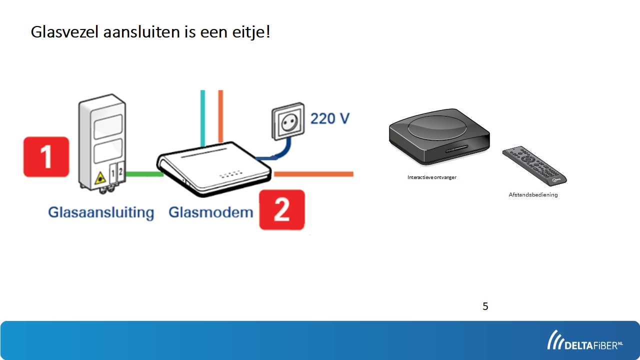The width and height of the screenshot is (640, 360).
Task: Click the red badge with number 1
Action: click(46, 157)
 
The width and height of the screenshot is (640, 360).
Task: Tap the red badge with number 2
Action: click(282, 209)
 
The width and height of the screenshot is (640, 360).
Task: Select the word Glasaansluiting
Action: click(101, 213)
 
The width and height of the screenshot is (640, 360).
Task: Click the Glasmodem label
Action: click(211, 212)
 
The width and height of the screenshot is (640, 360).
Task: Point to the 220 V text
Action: click(330, 118)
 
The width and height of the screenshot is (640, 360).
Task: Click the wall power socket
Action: click(288, 121)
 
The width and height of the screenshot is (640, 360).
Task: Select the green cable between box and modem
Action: click(144, 174)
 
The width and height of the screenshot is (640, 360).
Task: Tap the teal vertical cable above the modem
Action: click(202, 118)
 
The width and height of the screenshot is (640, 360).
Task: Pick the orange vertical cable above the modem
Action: click(220, 116)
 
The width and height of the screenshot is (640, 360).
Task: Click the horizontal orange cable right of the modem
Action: click(313, 174)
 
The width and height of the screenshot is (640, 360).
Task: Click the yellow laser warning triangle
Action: click(100, 178)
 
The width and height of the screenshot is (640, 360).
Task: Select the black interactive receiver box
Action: click(439, 136)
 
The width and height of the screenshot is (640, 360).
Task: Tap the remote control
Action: click(534, 165)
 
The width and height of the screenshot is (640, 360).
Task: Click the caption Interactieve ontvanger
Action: click(431, 177)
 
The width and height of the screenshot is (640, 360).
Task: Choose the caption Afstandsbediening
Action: click(533, 195)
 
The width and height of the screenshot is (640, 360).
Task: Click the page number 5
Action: click(485, 306)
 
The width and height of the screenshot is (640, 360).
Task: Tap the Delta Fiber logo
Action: click(585, 340)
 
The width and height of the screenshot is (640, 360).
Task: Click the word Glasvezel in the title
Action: click(65, 31)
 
